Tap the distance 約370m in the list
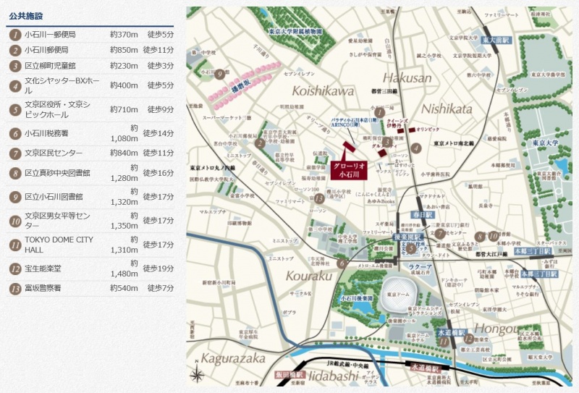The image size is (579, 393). pyautogui.click(x=124, y=34)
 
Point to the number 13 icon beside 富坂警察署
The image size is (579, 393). pyautogui.click(x=14, y=288)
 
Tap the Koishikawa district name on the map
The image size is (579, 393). pyautogui.click(x=324, y=90)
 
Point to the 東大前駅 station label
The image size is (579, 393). pyautogui.click(x=497, y=41)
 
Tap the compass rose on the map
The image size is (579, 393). pyautogui.click(x=197, y=375)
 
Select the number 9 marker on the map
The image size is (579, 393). pyautogui.click(x=219, y=73)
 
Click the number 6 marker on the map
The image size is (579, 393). pyautogui.click(x=342, y=263)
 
